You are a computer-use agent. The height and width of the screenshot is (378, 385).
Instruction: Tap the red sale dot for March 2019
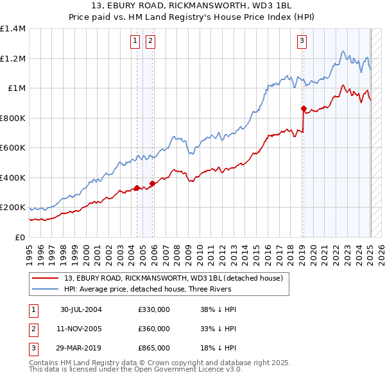click(304, 108)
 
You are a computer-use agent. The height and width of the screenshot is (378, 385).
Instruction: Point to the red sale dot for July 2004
click(137, 188)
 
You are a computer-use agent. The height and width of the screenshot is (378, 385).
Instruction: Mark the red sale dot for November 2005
click(152, 184)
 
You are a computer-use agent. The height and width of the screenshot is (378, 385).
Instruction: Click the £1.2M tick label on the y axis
click(13, 58)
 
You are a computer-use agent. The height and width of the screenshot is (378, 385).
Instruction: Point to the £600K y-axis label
click(13, 148)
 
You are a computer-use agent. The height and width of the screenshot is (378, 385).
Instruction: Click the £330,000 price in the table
click(154, 309)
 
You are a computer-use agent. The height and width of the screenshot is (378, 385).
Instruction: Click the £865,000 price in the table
click(154, 348)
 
